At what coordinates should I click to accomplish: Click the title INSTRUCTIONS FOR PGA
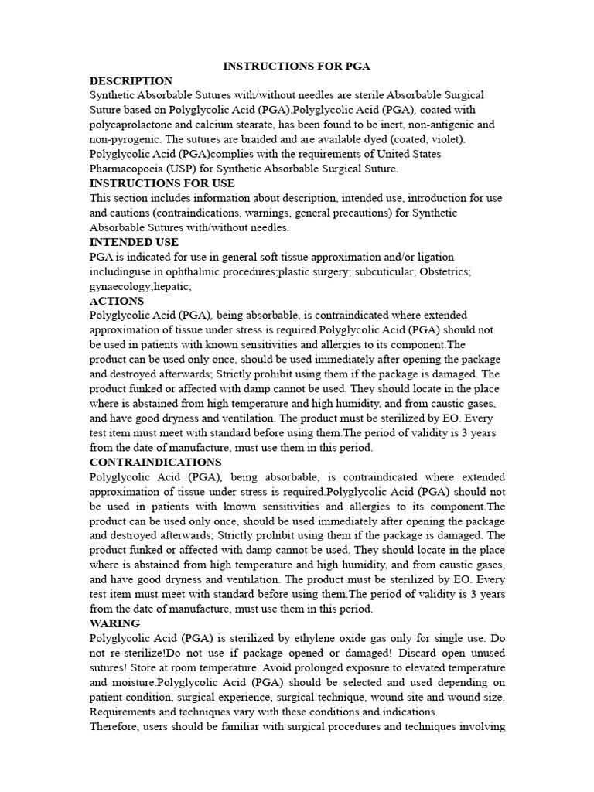[296, 67]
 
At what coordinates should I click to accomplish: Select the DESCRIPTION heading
[131, 80]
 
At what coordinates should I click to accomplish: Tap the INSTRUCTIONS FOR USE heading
[162, 183]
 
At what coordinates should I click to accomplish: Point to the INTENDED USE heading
[134, 242]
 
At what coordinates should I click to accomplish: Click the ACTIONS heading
[117, 301]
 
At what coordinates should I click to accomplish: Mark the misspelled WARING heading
[114, 623]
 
